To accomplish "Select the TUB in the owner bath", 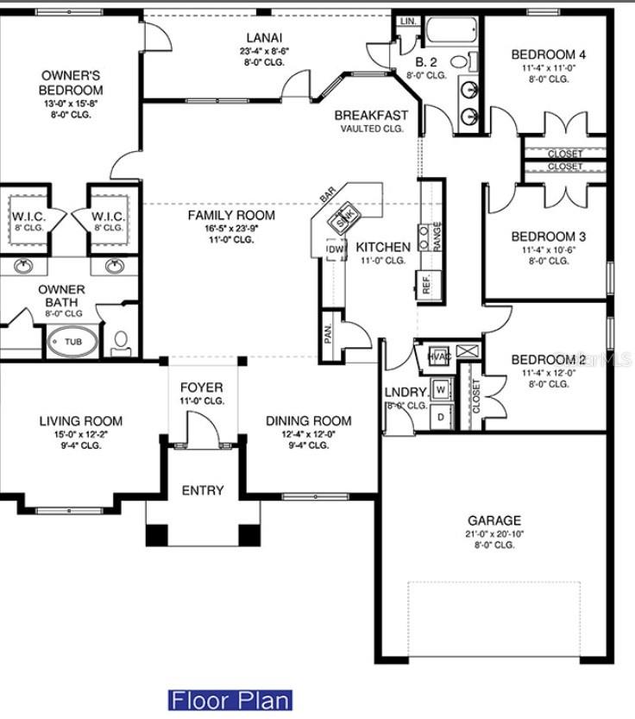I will tap(74, 342).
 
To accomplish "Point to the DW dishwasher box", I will tap(335, 249).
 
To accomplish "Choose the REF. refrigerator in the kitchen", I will tap(426, 285).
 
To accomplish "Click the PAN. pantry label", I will tap(329, 333).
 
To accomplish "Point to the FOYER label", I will tap(201, 388).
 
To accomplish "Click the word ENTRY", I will tap(203, 490).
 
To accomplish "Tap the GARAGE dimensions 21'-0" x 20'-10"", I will tap(494, 533).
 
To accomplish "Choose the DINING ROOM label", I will tap(308, 420).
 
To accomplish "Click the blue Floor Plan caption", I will tap(230, 699).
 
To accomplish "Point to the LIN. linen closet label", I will tap(408, 20).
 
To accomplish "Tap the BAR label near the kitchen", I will tap(328, 197).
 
